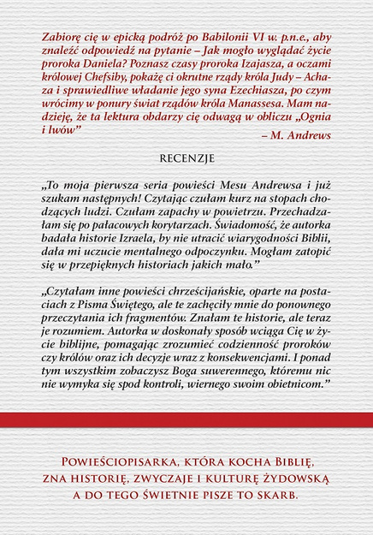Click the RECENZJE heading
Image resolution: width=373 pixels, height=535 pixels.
click(x=186, y=158)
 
